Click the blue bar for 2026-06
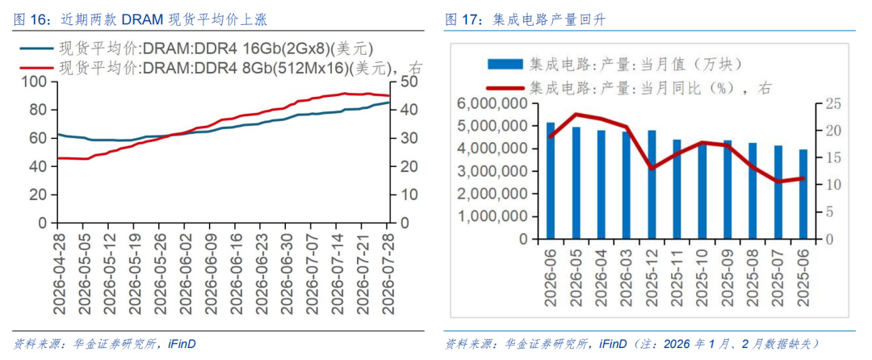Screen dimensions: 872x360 click(551, 181)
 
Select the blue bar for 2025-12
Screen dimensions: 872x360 click(652, 185)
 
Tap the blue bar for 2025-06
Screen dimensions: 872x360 click(803, 195)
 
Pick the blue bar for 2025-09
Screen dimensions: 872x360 click(727, 190)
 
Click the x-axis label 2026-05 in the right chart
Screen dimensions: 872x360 click(576, 276)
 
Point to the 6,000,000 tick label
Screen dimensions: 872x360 click(493, 104)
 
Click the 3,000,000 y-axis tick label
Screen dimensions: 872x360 click(493, 172)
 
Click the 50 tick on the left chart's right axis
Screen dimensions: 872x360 click(401, 82)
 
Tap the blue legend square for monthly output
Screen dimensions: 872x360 click(505, 64)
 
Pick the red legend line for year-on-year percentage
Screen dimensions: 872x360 click(505, 87)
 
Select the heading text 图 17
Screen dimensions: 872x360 click(459, 20)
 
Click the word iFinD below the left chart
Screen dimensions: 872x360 click(182, 345)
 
